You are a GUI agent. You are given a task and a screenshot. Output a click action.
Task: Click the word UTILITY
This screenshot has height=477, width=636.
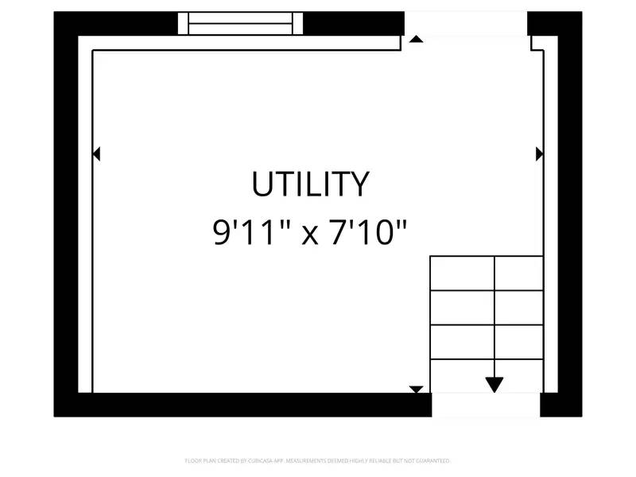(310, 184)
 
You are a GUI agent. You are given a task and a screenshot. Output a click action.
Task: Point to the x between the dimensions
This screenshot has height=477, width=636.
(310, 235)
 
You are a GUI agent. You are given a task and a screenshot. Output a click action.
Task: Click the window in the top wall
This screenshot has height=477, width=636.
(240, 24)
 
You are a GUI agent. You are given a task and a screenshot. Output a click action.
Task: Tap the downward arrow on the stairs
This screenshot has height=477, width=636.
(494, 385)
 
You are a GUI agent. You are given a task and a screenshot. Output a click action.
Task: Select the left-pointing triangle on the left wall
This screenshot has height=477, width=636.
(96, 153)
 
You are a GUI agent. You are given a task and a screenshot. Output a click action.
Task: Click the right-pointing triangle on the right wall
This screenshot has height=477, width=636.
(540, 153)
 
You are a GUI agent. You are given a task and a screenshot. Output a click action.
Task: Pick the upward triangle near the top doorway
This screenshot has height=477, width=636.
(415, 39)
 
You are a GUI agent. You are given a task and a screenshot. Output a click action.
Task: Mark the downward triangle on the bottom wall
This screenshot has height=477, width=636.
(416, 389)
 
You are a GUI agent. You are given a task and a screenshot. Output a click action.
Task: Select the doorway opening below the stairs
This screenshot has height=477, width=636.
(486, 405)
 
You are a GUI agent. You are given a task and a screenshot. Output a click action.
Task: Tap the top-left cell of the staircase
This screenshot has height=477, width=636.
(462, 273)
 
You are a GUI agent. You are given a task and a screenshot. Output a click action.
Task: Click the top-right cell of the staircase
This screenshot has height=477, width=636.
(519, 273)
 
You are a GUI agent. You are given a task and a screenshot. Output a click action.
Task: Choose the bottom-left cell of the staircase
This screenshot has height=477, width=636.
(462, 376)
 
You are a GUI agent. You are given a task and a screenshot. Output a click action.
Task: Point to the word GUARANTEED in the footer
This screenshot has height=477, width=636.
(432, 460)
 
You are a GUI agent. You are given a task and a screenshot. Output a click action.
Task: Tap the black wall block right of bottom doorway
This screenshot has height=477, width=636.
(560, 405)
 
